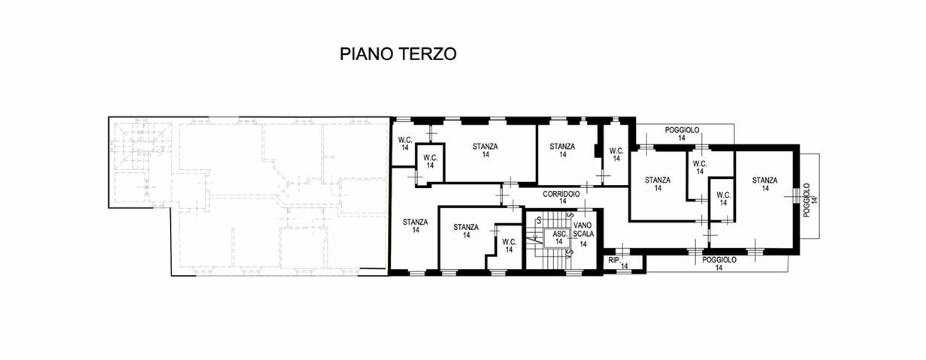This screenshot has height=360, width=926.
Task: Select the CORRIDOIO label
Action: [x=561, y=194]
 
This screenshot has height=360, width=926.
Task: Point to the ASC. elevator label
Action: [x=560, y=234]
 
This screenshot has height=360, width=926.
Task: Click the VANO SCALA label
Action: [x=583, y=229]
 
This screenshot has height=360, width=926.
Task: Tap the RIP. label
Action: [x=614, y=261]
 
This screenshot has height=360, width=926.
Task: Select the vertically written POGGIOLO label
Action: [x=806, y=201]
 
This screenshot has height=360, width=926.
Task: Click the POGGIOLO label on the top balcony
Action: [x=682, y=130]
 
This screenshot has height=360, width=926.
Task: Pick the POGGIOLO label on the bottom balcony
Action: [x=719, y=260]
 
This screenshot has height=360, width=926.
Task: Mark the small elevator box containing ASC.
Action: [x=560, y=238]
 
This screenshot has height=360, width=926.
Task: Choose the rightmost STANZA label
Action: [x=765, y=180]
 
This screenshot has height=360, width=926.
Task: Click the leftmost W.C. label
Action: [x=405, y=140]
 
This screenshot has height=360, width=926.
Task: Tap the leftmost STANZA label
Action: [x=416, y=222]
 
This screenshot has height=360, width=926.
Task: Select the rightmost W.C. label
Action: [x=723, y=195]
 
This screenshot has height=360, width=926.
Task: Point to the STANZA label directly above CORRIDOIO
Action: [x=562, y=147]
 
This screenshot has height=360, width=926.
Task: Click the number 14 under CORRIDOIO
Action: [x=562, y=201]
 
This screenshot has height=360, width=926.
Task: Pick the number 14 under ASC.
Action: [x=559, y=241]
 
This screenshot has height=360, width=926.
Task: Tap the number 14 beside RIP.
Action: [x=624, y=266]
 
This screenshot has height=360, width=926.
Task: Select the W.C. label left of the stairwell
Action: [x=510, y=242]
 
